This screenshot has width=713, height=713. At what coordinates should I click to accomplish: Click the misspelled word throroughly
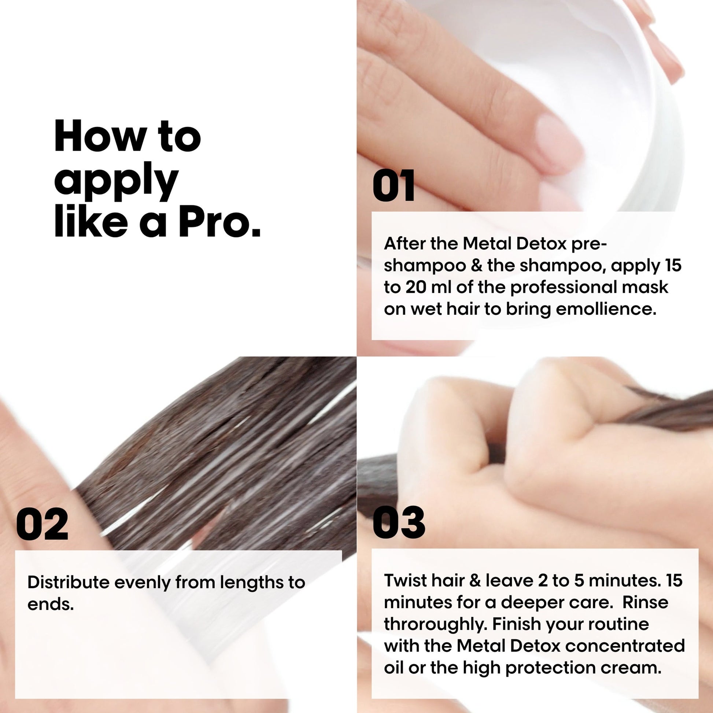435,624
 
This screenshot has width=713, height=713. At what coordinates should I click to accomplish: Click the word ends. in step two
51,604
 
